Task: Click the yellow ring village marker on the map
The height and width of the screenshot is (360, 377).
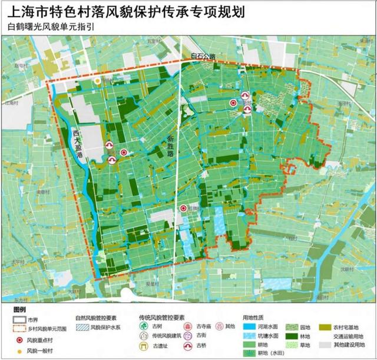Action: click(97, 81)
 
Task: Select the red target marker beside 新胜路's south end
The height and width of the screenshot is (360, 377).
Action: click(184, 208)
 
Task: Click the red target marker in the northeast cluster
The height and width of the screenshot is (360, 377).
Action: click(233, 103)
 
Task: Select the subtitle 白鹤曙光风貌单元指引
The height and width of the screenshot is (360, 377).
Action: click(49, 27)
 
